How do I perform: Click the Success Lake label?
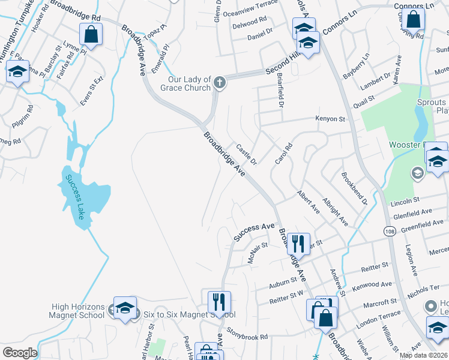(x=77, y=197)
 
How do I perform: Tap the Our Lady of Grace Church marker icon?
(x=220, y=83)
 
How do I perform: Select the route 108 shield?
(x=389, y=230)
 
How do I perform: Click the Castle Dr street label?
(x=247, y=154)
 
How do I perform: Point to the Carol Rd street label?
(x=283, y=154)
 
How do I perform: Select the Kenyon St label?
(x=331, y=119)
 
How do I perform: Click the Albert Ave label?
(x=308, y=202)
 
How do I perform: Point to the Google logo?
(x=20, y=353)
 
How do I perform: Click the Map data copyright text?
(x=423, y=355)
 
